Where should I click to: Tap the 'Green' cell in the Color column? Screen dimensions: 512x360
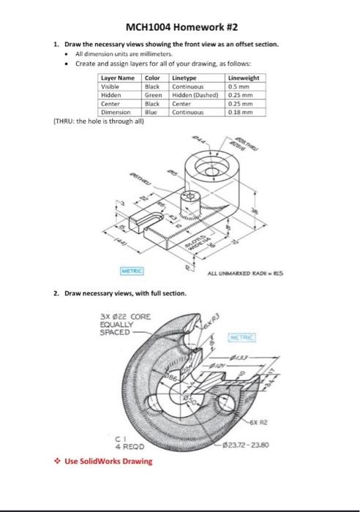(x=153, y=94)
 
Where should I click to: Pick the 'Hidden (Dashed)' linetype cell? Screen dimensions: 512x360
(x=192, y=94)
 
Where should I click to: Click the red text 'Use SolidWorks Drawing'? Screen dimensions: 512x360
(x=106, y=461)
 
